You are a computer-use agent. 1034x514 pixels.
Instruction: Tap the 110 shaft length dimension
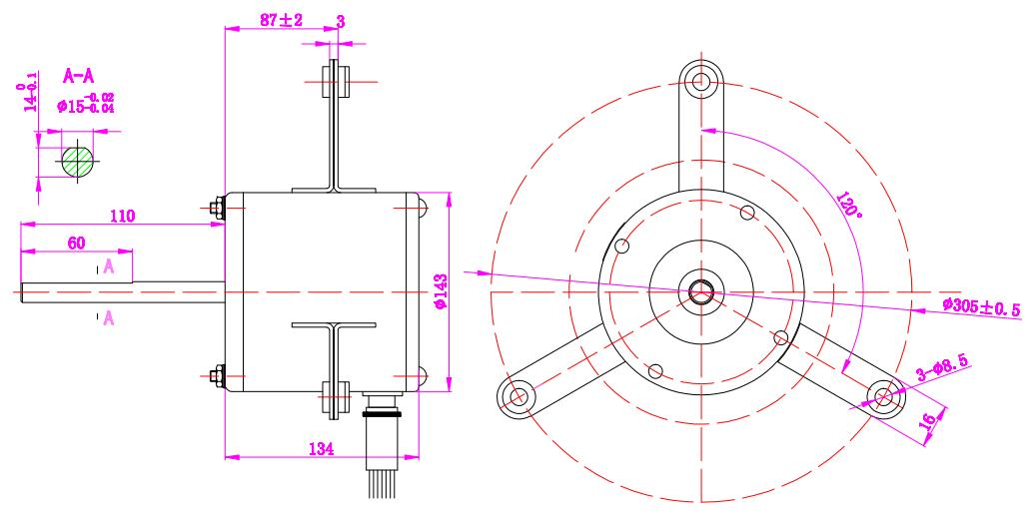[124, 216]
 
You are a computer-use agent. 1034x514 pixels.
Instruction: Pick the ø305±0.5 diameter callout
[980, 307]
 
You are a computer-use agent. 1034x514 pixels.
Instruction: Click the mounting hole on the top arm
[702, 79]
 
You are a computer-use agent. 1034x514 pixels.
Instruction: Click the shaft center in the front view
[701, 291]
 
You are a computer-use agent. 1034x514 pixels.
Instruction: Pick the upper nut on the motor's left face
[218, 208]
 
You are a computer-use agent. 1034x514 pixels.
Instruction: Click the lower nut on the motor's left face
[218, 375]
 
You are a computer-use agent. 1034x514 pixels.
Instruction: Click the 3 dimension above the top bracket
[341, 19]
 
